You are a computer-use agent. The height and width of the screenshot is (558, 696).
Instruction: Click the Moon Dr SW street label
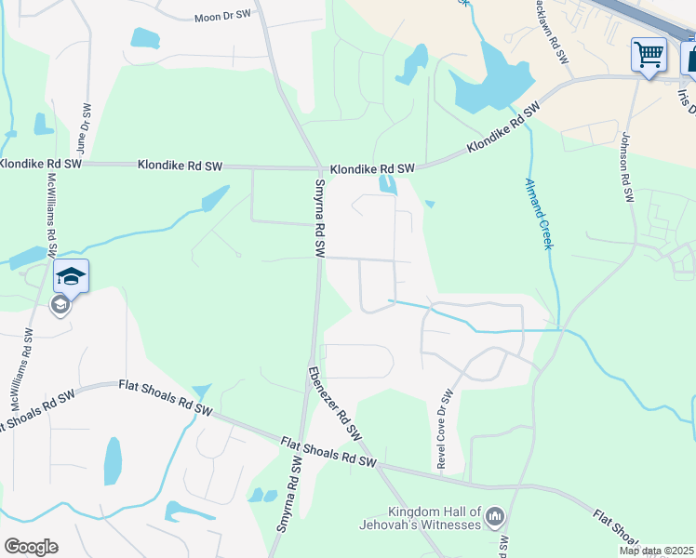pos(223,17)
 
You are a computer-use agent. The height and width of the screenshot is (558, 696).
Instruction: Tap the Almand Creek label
pos(539,213)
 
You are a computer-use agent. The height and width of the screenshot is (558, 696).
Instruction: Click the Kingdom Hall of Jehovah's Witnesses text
pos(435,518)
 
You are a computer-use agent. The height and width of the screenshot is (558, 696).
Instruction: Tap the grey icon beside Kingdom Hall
pos(495,515)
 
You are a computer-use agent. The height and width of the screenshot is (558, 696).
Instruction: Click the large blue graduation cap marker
pos(71,275)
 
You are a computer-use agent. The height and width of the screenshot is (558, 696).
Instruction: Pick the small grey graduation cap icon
pos(60,305)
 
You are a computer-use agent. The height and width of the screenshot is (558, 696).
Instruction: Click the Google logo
pos(31,547)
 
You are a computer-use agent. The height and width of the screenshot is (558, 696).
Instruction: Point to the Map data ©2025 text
pos(656,551)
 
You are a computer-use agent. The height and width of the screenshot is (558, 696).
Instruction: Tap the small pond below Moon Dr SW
pos(145,38)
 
